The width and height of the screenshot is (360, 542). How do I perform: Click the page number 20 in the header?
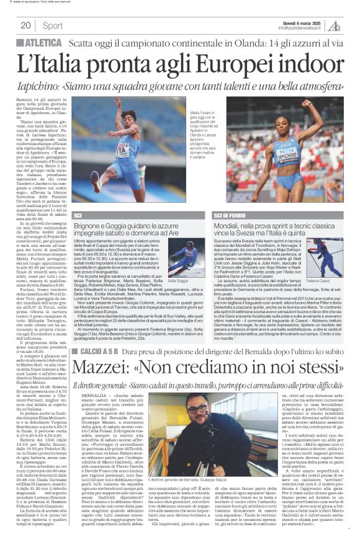click(x=25, y=25)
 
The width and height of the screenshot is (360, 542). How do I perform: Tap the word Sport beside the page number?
click(x=53, y=25)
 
